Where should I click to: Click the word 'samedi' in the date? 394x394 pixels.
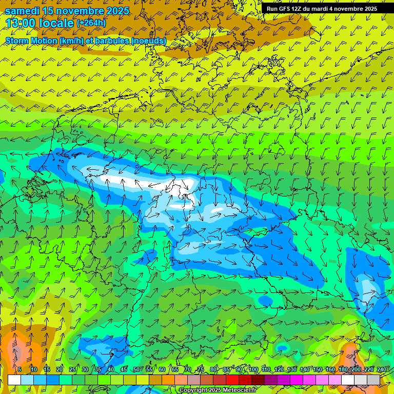(23, 11)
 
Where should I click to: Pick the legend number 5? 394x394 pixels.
(19, 369)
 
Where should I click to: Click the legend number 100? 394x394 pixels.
(253, 369)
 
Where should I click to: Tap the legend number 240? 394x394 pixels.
(382, 369)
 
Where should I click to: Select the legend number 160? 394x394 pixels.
(330, 369)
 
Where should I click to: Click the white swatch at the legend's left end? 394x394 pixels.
(14, 380)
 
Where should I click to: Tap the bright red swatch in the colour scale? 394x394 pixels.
(232, 380)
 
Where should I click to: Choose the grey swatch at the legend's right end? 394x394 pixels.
(373, 380)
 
